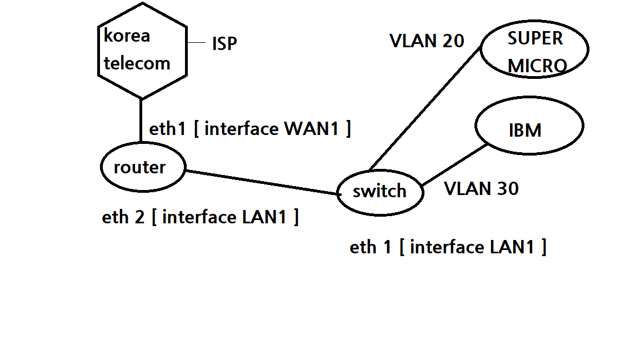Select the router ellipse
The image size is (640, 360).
(x=142, y=167)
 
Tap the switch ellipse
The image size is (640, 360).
(x=379, y=192)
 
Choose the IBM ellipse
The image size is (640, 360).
(x=528, y=127)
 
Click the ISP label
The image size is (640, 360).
(x=224, y=44)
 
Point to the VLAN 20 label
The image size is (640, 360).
(x=427, y=41)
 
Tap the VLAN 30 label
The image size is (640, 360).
(x=481, y=189)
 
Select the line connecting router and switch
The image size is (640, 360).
(x=261, y=182)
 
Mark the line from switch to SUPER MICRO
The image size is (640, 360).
(x=425, y=108)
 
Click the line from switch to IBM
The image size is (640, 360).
(x=454, y=165)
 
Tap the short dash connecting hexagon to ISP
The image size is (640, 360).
(x=197, y=43)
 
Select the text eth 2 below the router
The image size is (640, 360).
(x=123, y=217)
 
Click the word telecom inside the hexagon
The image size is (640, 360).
(x=137, y=63)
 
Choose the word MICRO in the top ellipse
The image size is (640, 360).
(x=537, y=66)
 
